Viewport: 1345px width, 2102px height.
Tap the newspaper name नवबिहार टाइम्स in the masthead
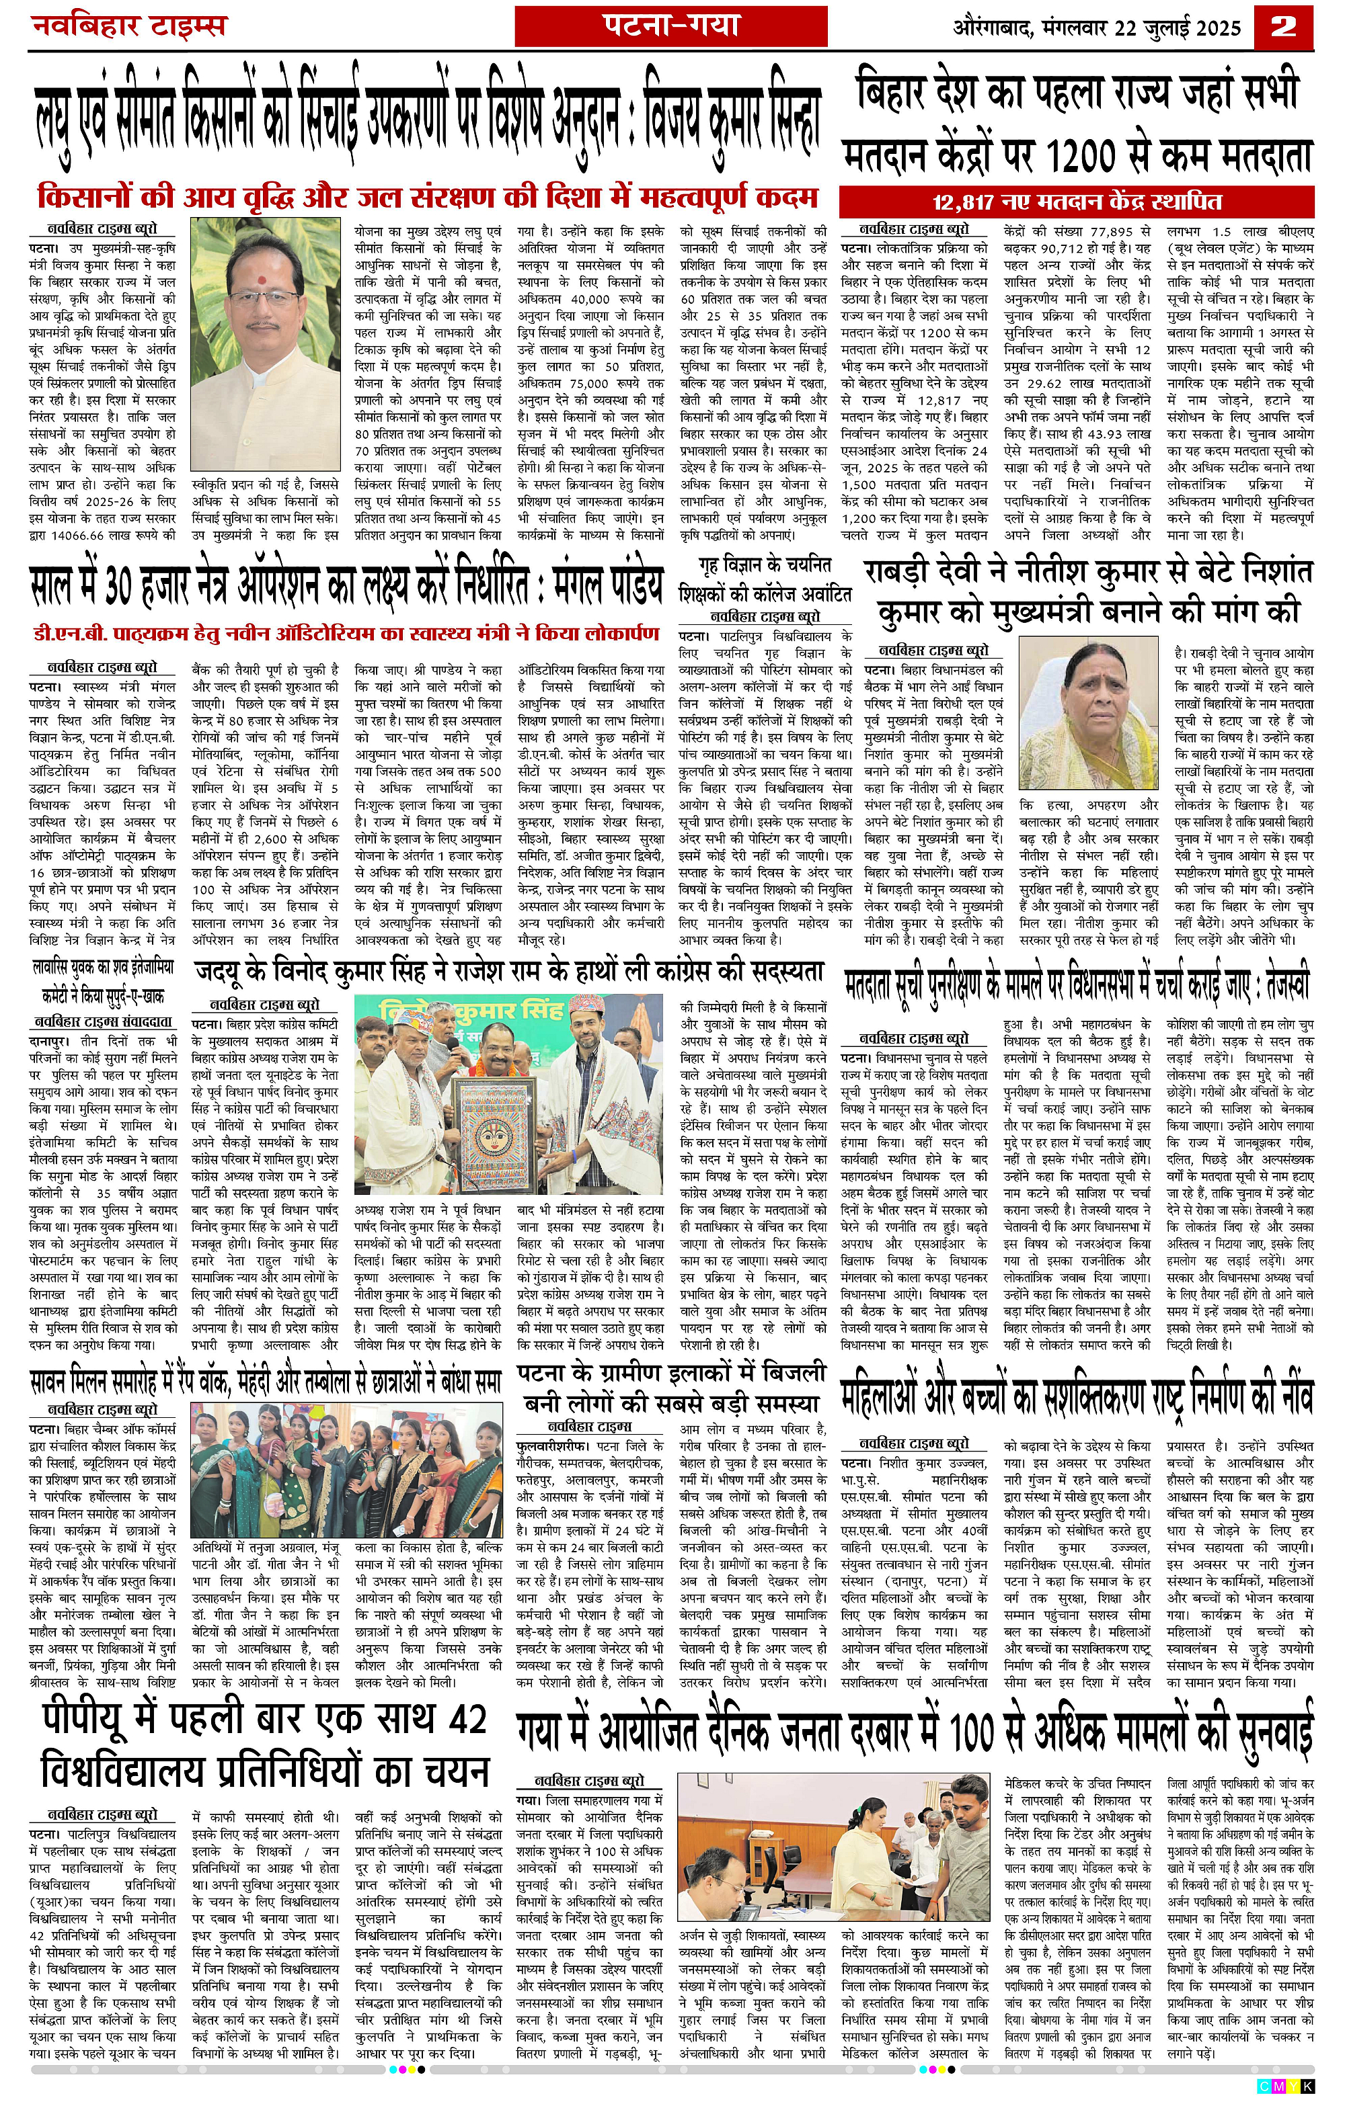click(128, 27)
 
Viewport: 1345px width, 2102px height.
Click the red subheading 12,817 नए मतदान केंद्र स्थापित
click(1077, 202)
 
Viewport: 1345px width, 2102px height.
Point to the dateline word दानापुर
click(53, 1042)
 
